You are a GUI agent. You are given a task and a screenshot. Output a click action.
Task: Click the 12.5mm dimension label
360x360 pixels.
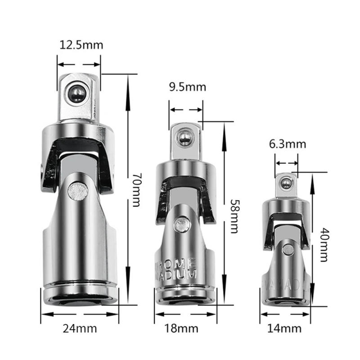(81, 45)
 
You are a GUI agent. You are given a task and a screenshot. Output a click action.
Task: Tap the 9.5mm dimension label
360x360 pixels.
(187, 87)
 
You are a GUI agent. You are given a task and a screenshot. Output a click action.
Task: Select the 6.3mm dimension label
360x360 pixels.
(288, 144)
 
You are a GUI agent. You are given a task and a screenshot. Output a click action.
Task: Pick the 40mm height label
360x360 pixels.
(325, 245)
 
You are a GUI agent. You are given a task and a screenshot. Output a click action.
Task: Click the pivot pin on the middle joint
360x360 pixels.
(182, 224)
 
